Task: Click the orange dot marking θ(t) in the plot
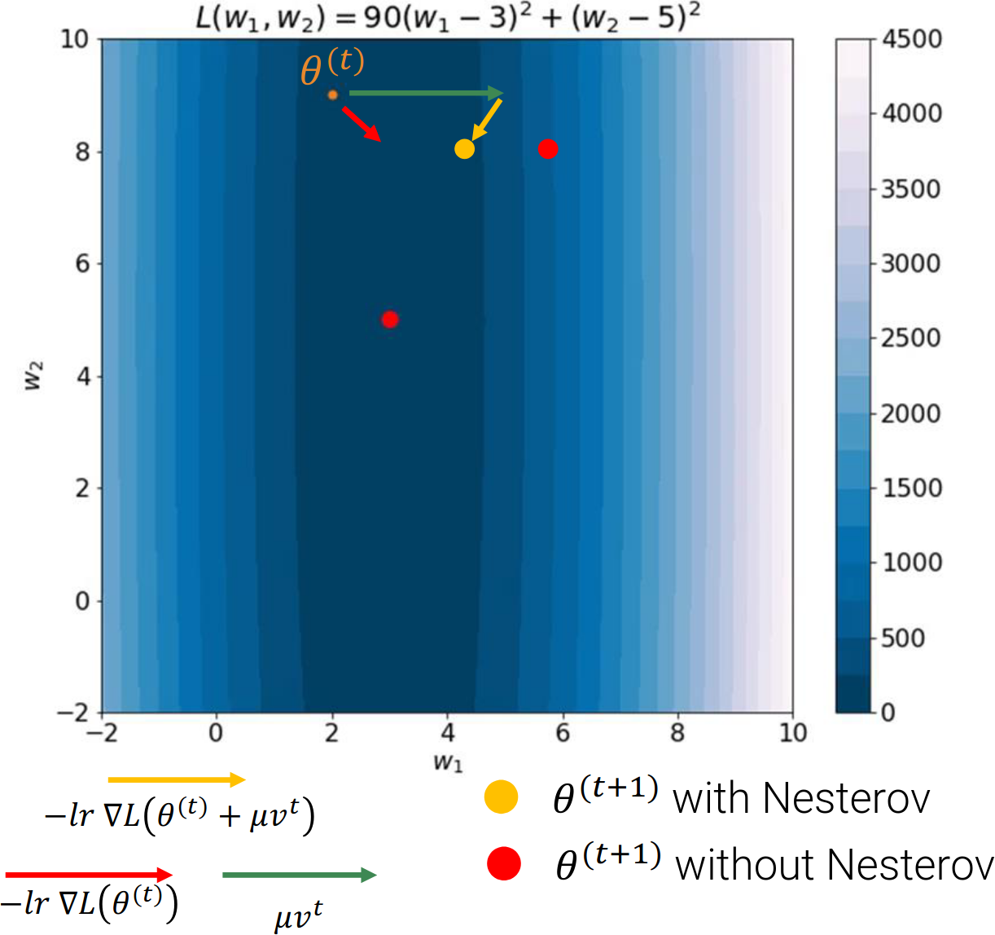coord(332,95)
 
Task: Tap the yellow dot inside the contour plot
coord(464,149)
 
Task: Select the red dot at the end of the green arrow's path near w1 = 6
coord(548,149)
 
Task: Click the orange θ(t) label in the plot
coord(331,67)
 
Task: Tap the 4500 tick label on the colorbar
coord(912,39)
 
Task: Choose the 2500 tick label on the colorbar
coord(911,338)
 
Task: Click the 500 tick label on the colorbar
coord(903,638)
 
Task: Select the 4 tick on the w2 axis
coord(81,376)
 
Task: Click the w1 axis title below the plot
coord(448,762)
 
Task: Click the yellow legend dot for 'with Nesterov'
coord(501,797)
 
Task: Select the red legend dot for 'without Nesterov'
coord(504,864)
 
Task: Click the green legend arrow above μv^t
coord(299,876)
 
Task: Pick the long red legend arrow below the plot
coord(89,875)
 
